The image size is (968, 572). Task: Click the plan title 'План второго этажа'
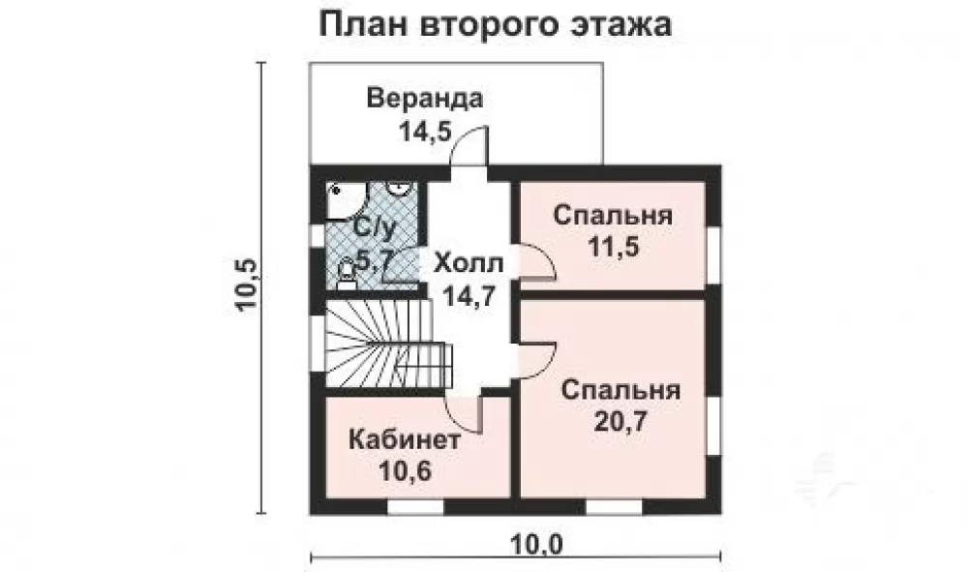pyautogui.click(x=495, y=25)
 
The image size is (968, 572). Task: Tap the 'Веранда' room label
pyautogui.click(x=425, y=99)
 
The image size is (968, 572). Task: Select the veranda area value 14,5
pyautogui.click(x=426, y=131)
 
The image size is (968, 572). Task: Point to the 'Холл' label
pyautogui.click(x=469, y=263)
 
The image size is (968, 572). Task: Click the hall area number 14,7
pyautogui.click(x=469, y=295)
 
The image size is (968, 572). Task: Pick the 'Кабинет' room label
pyautogui.click(x=405, y=440)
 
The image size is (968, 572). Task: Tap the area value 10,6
pyautogui.click(x=405, y=472)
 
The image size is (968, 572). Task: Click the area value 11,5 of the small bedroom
pyautogui.click(x=613, y=248)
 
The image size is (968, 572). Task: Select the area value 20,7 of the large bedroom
pyautogui.click(x=620, y=421)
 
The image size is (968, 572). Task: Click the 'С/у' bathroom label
pyautogui.click(x=374, y=229)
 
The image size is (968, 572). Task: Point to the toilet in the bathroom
pyautogui.click(x=347, y=275)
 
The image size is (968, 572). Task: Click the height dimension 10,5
pyautogui.click(x=245, y=285)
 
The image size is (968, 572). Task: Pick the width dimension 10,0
pyautogui.click(x=537, y=545)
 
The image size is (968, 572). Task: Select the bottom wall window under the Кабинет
pyautogui.click(x=415, y=506)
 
